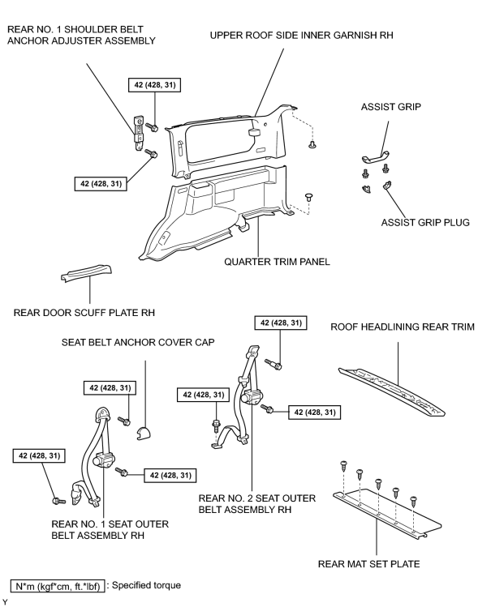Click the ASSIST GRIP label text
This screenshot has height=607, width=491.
click(390, 107)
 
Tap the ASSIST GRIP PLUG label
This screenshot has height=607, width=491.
click(425, 223)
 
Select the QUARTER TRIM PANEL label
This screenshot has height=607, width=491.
click(277, 262)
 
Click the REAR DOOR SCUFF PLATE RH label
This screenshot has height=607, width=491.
click(84, 312)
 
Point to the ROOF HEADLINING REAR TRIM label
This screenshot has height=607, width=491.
click(403, 327)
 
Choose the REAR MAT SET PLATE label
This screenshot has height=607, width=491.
click(368, 564)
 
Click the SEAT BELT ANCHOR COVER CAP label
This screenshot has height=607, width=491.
click(138, 342)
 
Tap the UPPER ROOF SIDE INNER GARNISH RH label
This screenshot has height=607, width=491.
click(301, 35)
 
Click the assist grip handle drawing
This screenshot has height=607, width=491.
click(376, 157)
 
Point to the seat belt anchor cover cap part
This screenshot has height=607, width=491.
click(144, 434)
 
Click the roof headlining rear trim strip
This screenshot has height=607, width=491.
click(392, 391)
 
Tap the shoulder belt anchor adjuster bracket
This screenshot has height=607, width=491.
click(138, 133)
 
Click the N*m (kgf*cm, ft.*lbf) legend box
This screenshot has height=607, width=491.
click(58, 586)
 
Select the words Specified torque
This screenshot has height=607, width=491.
click(146, 585)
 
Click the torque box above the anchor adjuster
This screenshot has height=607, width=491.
click(155, 85)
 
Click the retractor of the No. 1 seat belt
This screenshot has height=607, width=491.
click(103, 460)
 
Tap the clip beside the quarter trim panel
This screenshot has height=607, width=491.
click(308, 197)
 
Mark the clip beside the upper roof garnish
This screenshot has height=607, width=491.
click(312, 145)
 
